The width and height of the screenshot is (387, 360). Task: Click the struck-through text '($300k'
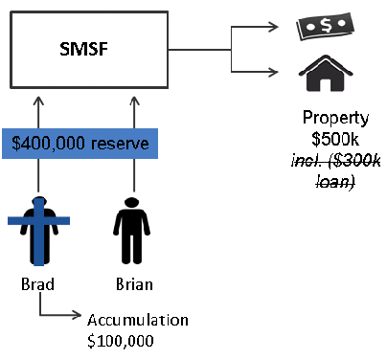pyautogui.click(x=351, y=159)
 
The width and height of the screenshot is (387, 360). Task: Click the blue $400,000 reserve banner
pyautogui.click(x=82, y=145)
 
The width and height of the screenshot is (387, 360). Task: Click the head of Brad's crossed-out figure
pyautogui.click(x=37, y=204)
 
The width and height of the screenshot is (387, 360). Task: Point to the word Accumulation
pyautogui.click(x=137, y=320)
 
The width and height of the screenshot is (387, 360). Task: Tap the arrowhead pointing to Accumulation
pyautogui.click(x=79, y=313)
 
